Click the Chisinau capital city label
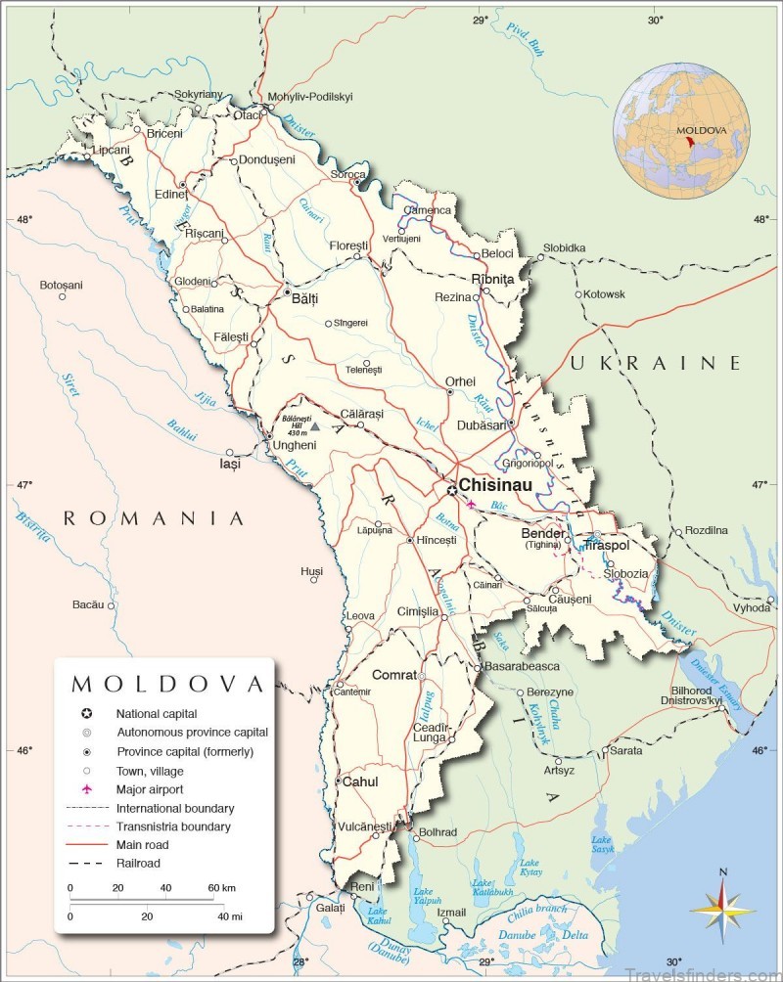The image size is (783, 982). [x=495, y=485]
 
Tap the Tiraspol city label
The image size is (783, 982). [x=606, y=545]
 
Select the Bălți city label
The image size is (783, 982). [x=305, y=300]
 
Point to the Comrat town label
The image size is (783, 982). [x=393, y=675]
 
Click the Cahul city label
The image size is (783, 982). [x=358, y=781]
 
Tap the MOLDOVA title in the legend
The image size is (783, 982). [x=167, y=683]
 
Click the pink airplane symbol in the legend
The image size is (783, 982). [x=87, y=788]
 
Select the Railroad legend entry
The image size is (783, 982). [x=137, y=863]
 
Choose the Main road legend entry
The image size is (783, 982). [x=144, y=844]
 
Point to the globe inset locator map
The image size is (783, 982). [x=681, y=131]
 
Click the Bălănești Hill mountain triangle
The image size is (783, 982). [x=315, y=426]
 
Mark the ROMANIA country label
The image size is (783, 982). [x=154, y=518]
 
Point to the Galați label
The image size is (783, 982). [x=331, y=908]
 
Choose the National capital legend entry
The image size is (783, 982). [x=157, y=713]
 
